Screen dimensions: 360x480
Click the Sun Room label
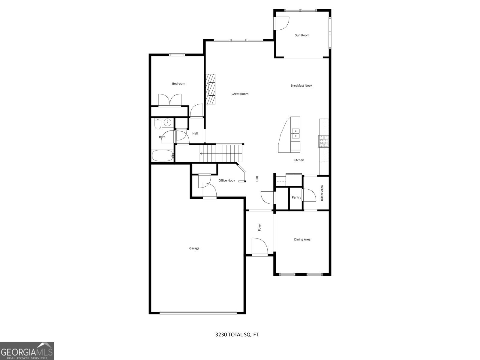[x=302, y=35]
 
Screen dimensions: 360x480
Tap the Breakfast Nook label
[x=301, y=86]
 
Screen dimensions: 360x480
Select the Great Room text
[x=240, y=94]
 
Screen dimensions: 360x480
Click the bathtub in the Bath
[x=163, y=156]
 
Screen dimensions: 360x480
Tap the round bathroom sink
[x=167, y=123]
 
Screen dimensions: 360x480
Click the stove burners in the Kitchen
[x=324, y=141]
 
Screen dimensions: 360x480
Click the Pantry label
[x=296, y=197]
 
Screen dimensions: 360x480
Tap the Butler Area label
[x=322, y=193]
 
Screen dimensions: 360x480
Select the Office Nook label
[x=227, y=181]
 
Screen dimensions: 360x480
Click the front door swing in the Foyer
[x=259, y=247]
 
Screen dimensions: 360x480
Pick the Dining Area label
[x=302, y=239]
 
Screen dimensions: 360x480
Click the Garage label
[x=194, y=248]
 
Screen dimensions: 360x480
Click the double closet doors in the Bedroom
[x=170, y=100]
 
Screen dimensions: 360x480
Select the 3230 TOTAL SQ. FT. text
[x=237, y=334]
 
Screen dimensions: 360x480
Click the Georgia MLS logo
[x=27, y=351]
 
